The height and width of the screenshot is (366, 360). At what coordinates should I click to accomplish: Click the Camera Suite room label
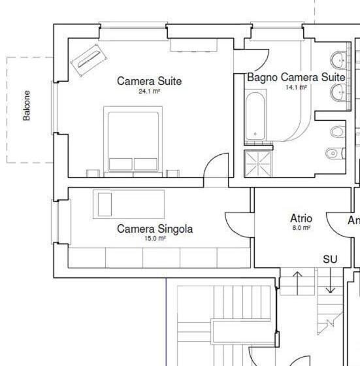149,81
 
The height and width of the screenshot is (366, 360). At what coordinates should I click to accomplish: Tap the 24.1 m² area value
149,92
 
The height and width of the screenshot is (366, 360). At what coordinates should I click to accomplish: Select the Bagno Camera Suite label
295,77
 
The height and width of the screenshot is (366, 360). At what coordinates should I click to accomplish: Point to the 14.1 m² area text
295,87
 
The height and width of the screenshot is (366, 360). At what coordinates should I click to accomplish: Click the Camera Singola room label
155,229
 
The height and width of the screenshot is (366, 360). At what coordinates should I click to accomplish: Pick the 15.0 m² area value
155,239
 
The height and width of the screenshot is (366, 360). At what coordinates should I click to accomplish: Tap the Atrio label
301,218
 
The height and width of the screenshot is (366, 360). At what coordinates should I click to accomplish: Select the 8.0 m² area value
301,228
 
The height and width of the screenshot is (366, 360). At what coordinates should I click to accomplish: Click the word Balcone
27,105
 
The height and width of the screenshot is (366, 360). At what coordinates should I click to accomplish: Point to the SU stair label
330,259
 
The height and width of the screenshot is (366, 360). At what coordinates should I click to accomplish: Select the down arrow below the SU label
330,281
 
